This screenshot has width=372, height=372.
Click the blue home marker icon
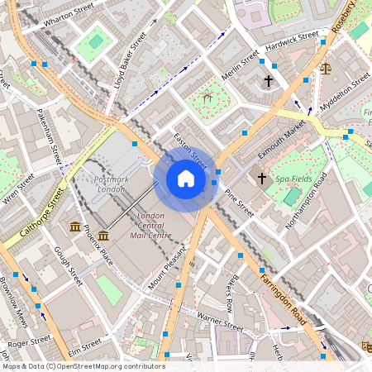tap(186, 179)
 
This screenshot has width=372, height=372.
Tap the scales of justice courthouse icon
tap(325, 68)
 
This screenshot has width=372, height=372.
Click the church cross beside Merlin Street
tap(268, 81)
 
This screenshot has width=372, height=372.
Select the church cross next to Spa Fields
tap(262, 178)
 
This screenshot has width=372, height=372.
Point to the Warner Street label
tap(220, 320)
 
